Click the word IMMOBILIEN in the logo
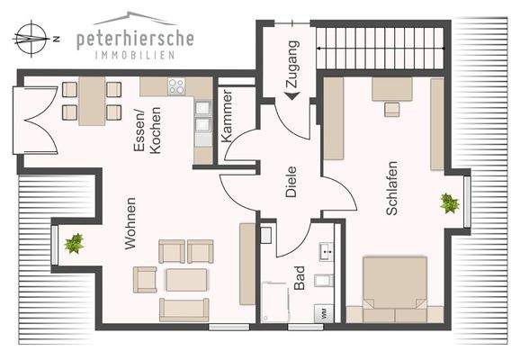click(135, 55)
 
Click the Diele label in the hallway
click(291, 184)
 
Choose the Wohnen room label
click(131, 222)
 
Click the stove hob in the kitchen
click(176, 87)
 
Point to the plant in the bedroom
click(449, 203)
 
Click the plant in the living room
click(75, 243)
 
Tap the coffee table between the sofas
click(187, 280)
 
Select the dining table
click(92, 102)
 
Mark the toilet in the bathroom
click(326, 286)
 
